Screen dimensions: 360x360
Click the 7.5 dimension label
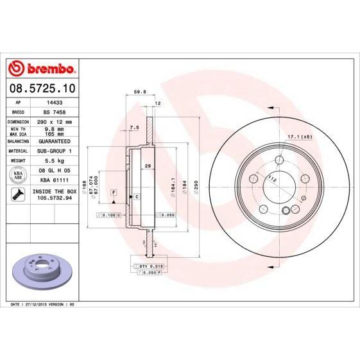(134, 128)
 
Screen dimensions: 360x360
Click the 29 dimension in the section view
(148, 166)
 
